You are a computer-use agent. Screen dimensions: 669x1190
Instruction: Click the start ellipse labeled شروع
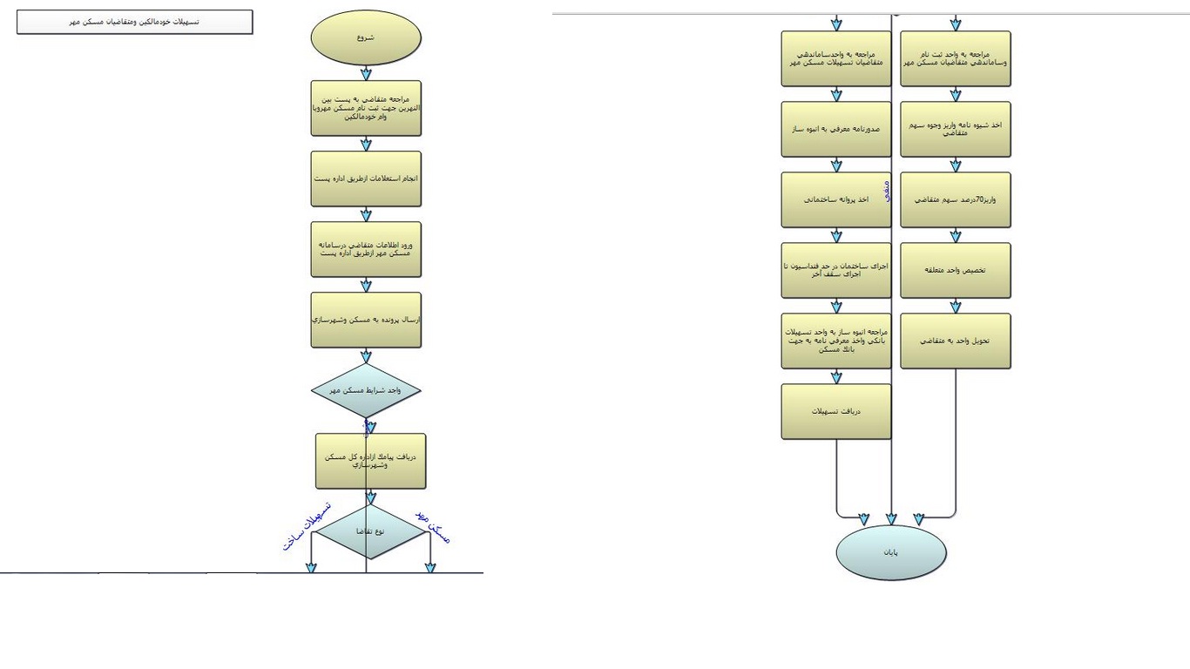(x=366, y=37)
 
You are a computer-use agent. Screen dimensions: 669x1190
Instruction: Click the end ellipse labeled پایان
(x=891, y=552)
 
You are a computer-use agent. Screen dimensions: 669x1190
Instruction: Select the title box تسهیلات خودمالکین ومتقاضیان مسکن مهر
(x=135, y=22)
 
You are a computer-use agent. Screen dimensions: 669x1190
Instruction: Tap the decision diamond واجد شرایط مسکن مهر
(x=366, y=390)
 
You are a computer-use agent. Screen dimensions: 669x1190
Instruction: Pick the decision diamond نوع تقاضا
(x=371, y=530)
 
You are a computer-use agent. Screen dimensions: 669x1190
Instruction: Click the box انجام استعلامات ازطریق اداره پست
(x=366, y=179)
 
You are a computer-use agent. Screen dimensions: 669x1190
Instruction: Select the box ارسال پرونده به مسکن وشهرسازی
(x=366, y=320)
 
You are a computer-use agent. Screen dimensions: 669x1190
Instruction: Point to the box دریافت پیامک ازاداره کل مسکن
(x=371, y=461)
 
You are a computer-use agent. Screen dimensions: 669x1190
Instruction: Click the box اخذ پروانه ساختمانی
(x=836, y=199)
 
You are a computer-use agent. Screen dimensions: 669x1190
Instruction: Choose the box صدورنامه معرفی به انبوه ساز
(x=836, y=129)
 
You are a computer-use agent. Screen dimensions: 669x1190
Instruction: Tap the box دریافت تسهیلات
(x=836, y=411)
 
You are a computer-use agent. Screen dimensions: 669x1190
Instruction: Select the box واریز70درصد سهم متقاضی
(x=956, y=199)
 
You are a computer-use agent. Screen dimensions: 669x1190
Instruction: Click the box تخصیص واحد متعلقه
(x=956, y=270)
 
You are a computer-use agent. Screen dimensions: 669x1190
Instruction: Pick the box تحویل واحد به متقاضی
(x=956, y=341)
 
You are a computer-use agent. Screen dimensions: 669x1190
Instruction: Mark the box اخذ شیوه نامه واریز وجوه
(x=956, y=129)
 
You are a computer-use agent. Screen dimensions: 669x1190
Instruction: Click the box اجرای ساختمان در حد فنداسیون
(x=836, y=270)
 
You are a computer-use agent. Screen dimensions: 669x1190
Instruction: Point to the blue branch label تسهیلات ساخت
(x=307, y=526)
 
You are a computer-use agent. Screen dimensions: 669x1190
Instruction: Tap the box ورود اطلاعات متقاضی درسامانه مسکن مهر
(x=366, y=249)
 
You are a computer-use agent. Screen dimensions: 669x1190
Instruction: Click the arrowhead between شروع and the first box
(x=366, y=74)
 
